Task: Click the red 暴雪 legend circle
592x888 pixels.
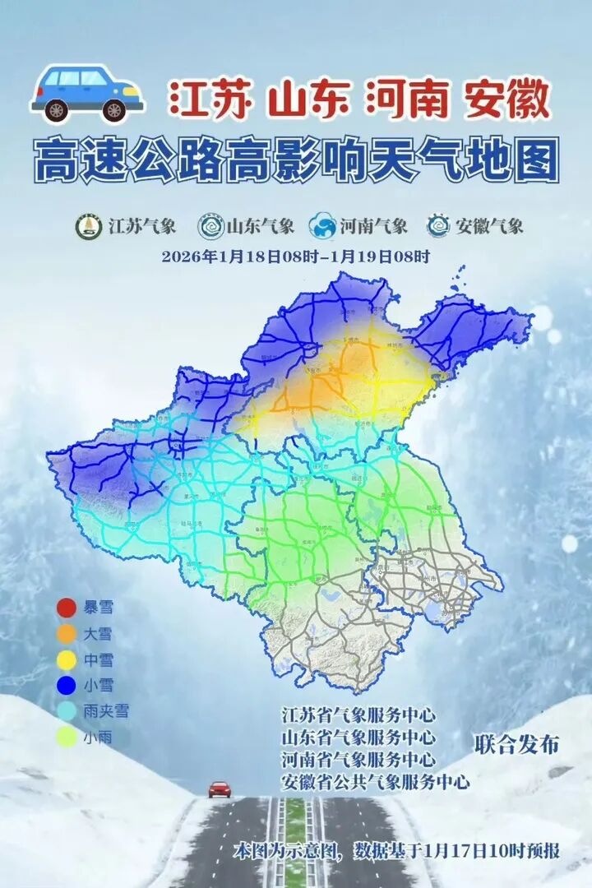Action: click(x=67, y=608)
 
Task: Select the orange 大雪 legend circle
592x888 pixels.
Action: click(x=67, y=634)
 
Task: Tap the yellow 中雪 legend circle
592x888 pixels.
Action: click(x=67, y=659)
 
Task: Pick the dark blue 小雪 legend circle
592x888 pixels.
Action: click(x=67, y=685)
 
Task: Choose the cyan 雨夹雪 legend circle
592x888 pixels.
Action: click(x=67, y=711)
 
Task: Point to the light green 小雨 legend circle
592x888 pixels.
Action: click(x=67, y=738)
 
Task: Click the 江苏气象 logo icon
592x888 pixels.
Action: click(x=89, y=226)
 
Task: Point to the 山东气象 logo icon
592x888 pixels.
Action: click(x=210, y=226)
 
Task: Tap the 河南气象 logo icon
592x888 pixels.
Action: click(x=322, y=226)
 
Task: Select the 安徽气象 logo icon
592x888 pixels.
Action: click(x=439, y=226)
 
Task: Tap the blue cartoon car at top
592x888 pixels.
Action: click(x=87, y=90)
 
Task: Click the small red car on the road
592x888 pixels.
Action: click(x=220, y=789)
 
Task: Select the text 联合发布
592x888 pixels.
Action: click(x=516, y=745)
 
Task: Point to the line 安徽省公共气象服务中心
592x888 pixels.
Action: click(x=375, y=781)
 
